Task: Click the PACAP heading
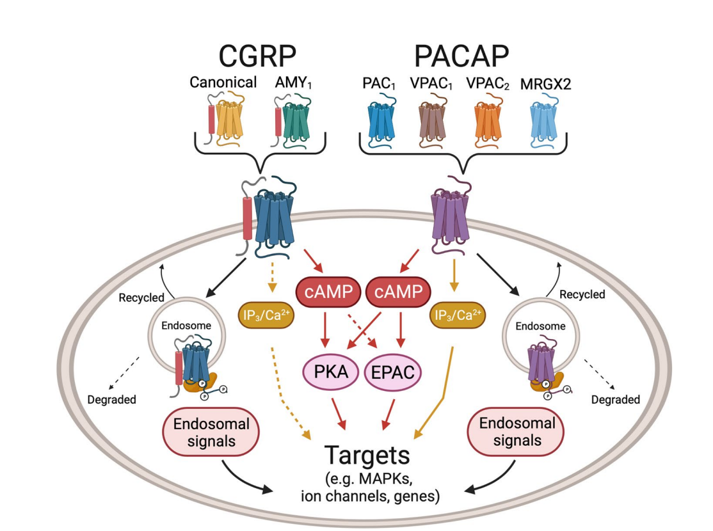461,56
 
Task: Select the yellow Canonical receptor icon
229,118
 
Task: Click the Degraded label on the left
111,400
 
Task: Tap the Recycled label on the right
582,294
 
